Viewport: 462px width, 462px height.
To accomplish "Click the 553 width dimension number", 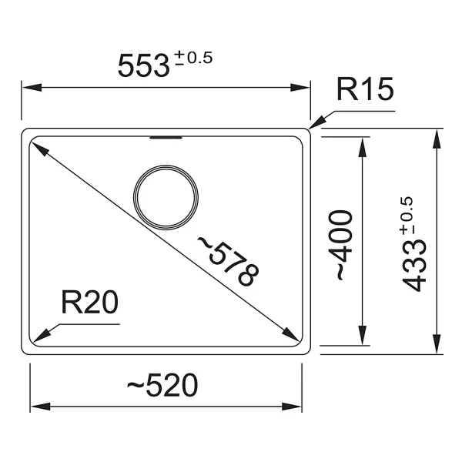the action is click(144, 66).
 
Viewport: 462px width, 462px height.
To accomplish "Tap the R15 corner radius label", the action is click(365, 89).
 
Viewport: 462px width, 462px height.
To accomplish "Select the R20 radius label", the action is click(89, 302).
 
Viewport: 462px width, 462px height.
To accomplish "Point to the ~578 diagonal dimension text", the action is click(228, 261).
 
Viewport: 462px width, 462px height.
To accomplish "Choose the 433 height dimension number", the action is click(415, 266).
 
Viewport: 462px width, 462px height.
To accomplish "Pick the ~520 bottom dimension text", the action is click(162, 385).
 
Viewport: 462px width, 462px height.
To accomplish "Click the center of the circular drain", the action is click(166, 197).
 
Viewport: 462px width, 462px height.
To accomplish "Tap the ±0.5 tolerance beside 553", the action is click(193, 58).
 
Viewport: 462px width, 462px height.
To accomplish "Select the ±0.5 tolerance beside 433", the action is click(407, 216).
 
